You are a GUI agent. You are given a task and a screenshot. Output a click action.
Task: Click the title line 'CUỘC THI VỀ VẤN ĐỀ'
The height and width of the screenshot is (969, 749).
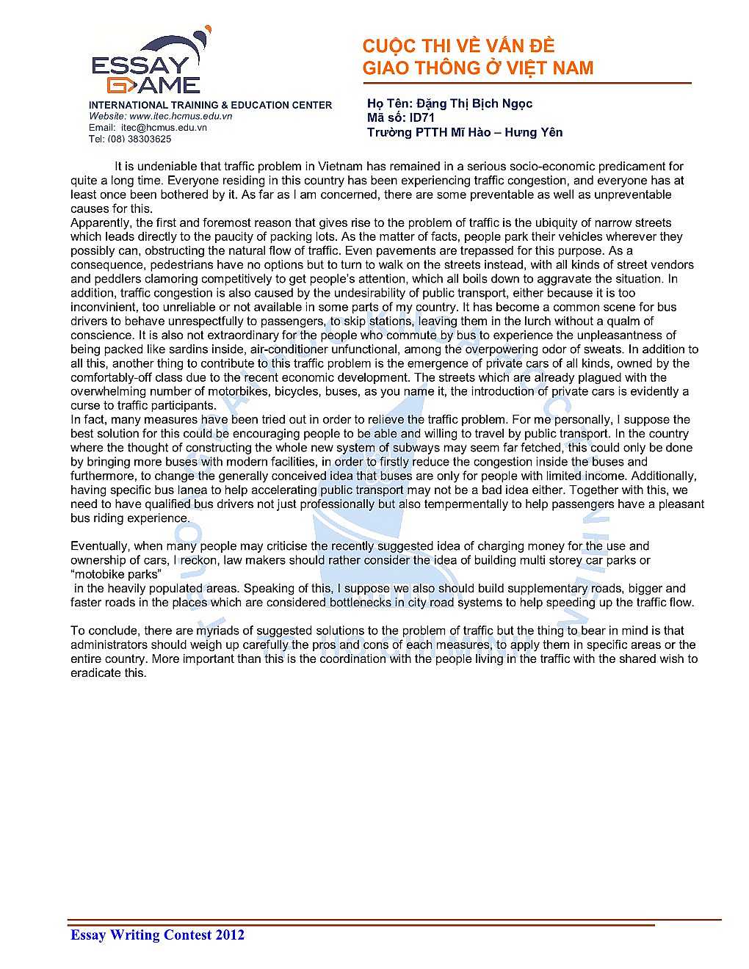click(458, 46)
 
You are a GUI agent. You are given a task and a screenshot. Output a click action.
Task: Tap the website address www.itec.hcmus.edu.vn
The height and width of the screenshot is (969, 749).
click(181, 116)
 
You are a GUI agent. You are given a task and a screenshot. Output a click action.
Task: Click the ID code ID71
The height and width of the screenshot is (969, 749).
click(422, 117)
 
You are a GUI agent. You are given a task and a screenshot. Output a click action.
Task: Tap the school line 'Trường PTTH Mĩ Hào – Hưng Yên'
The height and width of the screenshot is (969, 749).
click(465, 132)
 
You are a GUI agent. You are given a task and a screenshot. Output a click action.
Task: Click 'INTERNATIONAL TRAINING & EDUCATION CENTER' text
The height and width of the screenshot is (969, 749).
click(210, 105)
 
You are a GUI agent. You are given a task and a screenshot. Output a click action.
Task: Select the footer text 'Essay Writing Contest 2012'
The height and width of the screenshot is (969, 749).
click(157, 934)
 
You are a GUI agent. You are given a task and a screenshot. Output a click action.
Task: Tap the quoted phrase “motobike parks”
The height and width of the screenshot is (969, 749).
click(115, 574)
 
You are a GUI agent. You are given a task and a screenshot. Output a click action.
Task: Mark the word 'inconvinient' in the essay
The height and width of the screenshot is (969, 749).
click(103, 307)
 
